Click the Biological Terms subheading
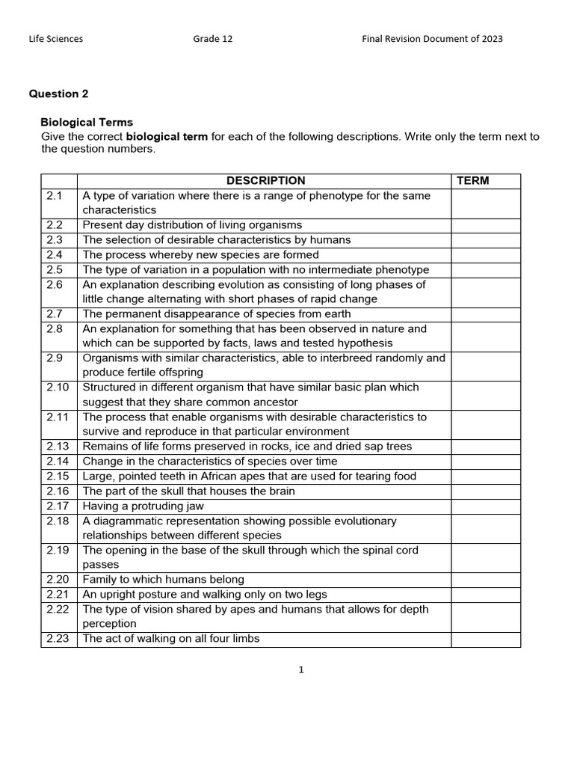pyautogui.click(x=87, y=122)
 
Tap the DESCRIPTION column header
pyautogui.click(x=265, y=180)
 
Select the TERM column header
pyautogui.click(x=472, y=180)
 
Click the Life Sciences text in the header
pyautogui.click(x=56, y=39)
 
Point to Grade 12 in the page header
pyautogui.click(x=213, y=39)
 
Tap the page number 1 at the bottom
pyautogui.click(x=301, y=670)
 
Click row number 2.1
pyautogui.click(x=55, y=195)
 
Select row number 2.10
pyautogui.click(x=58, y=387)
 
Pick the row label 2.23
pyautogui.click(x=58, y=638)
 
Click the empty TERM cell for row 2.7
pyautogui.click(x=485, y=314)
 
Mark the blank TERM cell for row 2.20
pyautogui.click(x=485, y=579)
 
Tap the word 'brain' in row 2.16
pyautogui.click(x=280, y=491)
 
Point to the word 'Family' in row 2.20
pyautogui.click(x=99, y=579)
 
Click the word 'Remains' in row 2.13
pyautogui.click(x=104, y=447)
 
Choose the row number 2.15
pyautogui.click(x=58, y=476)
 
